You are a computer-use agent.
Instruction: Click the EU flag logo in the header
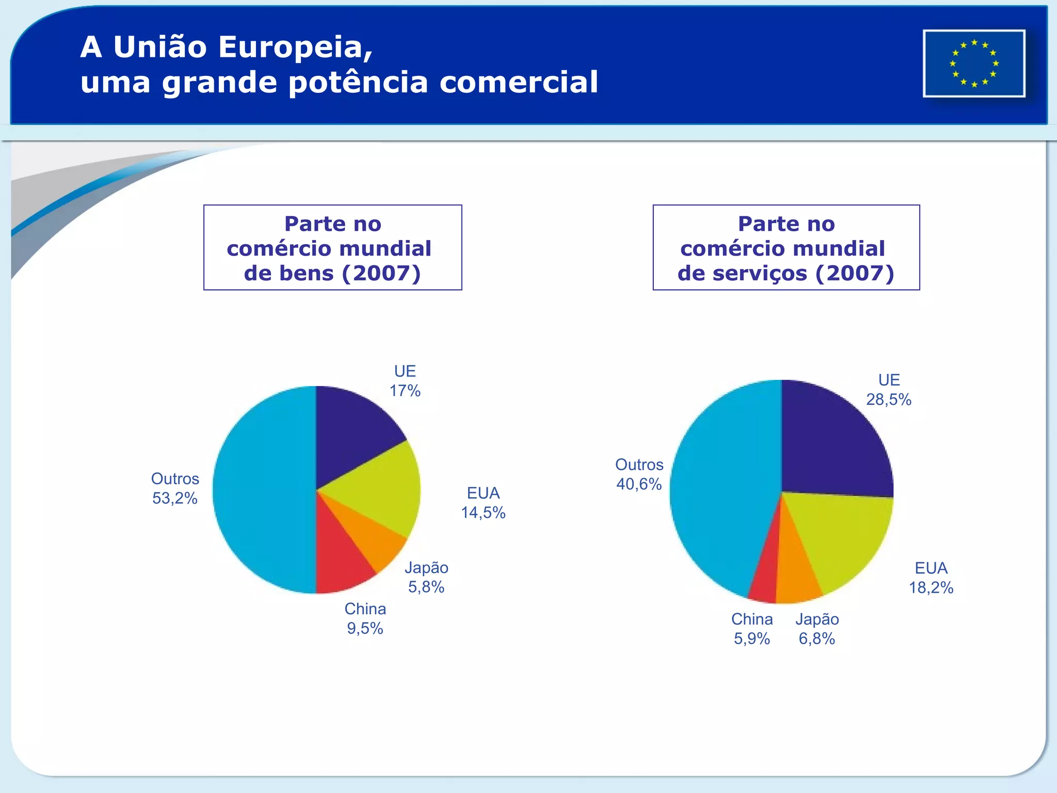click(x=974, y=64)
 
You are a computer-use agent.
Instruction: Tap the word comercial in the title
click(x=518, y=82)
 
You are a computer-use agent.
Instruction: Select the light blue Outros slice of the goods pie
click(x=263, y=490)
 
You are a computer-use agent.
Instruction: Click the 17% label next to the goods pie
click(x=405, y=391)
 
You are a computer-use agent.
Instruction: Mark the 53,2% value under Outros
click(x=174, y=498)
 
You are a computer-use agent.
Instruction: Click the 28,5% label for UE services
click(x=888, y=400)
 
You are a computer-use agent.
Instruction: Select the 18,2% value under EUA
click(x=931, y=588)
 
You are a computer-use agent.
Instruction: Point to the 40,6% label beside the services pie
click(x=638, y=484)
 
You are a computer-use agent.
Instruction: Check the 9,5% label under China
click(x=365, y=628)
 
